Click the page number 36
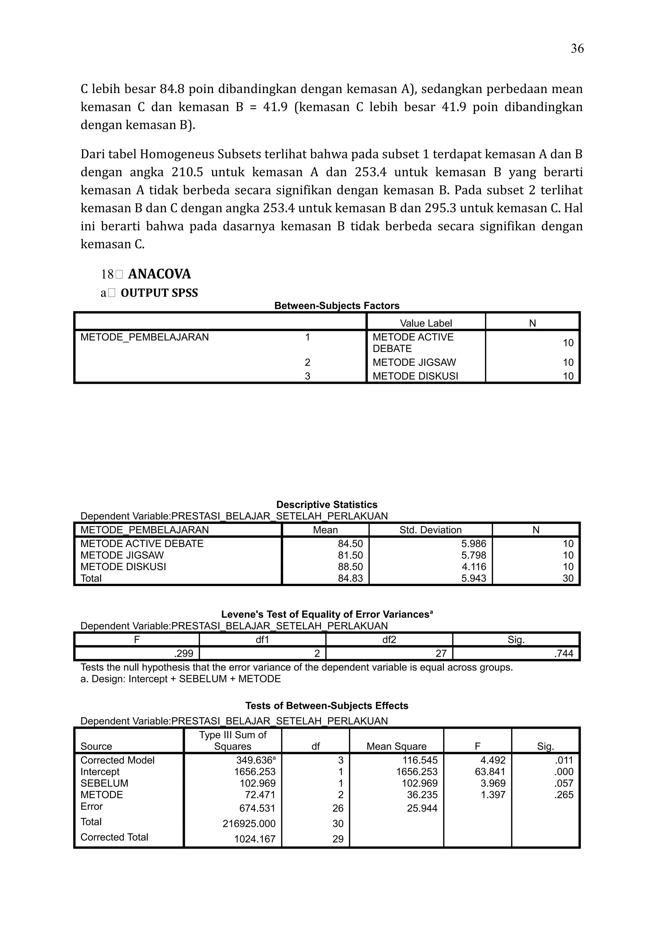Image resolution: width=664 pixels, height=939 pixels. point(577,49)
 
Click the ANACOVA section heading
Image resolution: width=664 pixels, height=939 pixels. point(159,274)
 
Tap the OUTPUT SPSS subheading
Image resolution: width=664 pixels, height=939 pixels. point(159,293)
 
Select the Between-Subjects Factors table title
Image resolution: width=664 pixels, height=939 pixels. point(337,306)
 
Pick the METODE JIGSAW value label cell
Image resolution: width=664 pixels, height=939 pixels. point(414,362)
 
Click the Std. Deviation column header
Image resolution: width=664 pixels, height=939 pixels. point(430,530)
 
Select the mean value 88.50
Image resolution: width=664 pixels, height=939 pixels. point(350,567)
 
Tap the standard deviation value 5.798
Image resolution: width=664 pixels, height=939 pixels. point(474,555)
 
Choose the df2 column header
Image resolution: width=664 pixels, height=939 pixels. point(389,640)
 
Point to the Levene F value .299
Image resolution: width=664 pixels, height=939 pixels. point(184,653)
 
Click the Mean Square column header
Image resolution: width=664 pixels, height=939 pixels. point(397,747)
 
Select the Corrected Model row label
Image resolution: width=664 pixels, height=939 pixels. point(117,760)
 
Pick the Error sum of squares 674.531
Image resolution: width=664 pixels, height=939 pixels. point(257,808)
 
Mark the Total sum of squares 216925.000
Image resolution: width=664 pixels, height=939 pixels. point(249,824)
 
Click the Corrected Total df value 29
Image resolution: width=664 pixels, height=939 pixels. point(338,839)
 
